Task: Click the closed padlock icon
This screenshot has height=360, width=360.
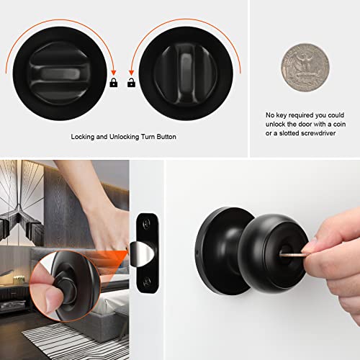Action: (113, 84)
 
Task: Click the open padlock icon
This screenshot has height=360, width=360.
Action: (132, 84)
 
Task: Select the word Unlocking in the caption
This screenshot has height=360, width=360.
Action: (129, 137)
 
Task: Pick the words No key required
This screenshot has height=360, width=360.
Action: (281, 114)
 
